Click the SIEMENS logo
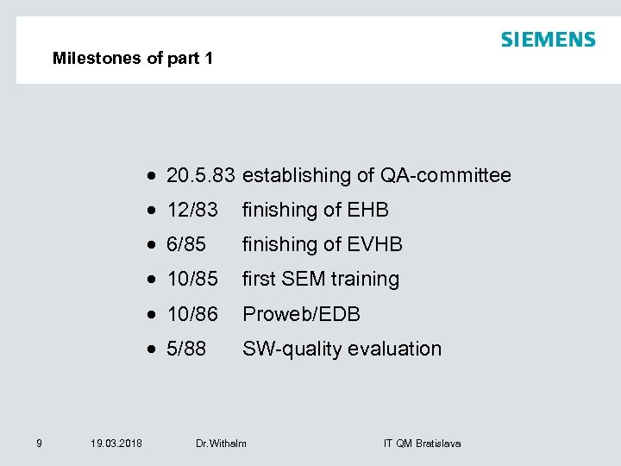[x=548, y=40]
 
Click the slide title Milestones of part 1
[x=132, y=59]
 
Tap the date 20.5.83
[x=200, y=176]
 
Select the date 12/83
[x=191, y=211]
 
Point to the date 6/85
[x=185, y=245]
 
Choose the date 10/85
[x=191, y=280]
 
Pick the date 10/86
[x=191, y=314]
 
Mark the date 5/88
[x=185, y=349]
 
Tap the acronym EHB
[x=367, y=211]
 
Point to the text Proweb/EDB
[x=301, y=314]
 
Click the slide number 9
[x=39, y=444]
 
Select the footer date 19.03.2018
[x=116, y=444]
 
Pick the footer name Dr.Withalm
[x=221, y=444]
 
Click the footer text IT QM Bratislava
[x=422, y=444]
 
